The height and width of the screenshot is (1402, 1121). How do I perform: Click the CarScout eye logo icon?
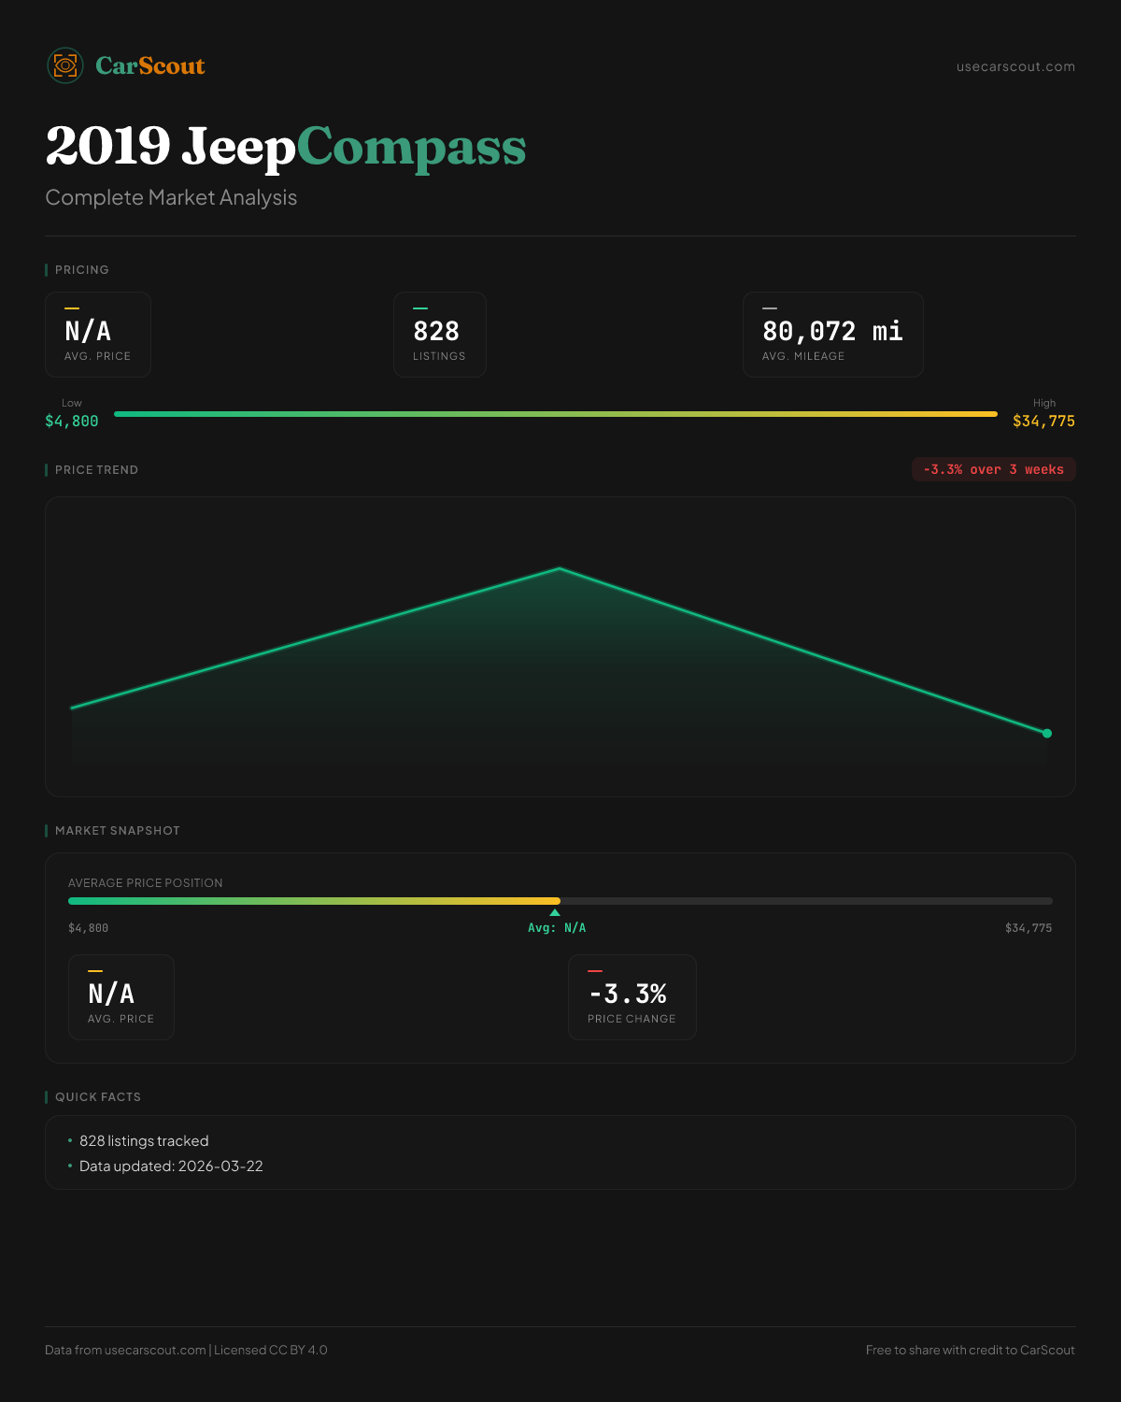pyautogui.click(x=65, y=65)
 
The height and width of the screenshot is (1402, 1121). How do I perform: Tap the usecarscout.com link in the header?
pyautogui.click(x=1015, y=67)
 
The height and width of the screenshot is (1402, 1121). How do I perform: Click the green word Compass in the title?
pyautogui.click(x=411, y=147)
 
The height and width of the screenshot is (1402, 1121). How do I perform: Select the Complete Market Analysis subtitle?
pyautogui.click(x=171, y=198)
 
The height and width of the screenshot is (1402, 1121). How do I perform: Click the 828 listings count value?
pyautogui.click(x=436, y=332)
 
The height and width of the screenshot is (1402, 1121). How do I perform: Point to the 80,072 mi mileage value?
pyautogui.click(x=832, y=332)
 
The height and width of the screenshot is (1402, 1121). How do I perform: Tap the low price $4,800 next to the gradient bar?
pyautogui.click(x=72, y=422)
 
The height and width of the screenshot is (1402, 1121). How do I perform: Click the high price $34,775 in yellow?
pyautogui.click(x=1043, y=422)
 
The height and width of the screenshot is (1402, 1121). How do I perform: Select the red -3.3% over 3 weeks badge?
pyautogui.click(x=993, y=470)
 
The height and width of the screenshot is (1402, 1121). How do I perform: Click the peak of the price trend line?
pyautogui.click(x=560, y=568)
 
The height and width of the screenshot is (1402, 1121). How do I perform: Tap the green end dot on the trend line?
pyautogui.click(x=1047, y=734)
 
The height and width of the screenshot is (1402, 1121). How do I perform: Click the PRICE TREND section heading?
pyautogui.click(x=96, y=470)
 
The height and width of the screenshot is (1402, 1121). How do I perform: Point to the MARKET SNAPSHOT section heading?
pyautogui.click(x=117, y=831)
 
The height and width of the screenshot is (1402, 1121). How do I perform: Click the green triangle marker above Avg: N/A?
pyautogui.click(x=555, y=912)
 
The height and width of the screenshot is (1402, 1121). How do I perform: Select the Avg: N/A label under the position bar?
pyautogui.click(x=557, y=928)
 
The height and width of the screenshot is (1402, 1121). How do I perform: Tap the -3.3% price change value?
pyautogui.click(x=628, y=994)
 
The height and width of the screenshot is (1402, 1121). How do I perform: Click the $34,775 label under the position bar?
pyautogui.click(x=1029, y=928)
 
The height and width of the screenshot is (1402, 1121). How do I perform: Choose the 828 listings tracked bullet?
pyautogui.click(x=144, y=1141)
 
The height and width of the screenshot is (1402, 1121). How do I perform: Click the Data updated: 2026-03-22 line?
pyautogui.click(x=171, y=1166)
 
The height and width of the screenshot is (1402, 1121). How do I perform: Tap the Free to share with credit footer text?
pyautogui.click(x=970, y=1351)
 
